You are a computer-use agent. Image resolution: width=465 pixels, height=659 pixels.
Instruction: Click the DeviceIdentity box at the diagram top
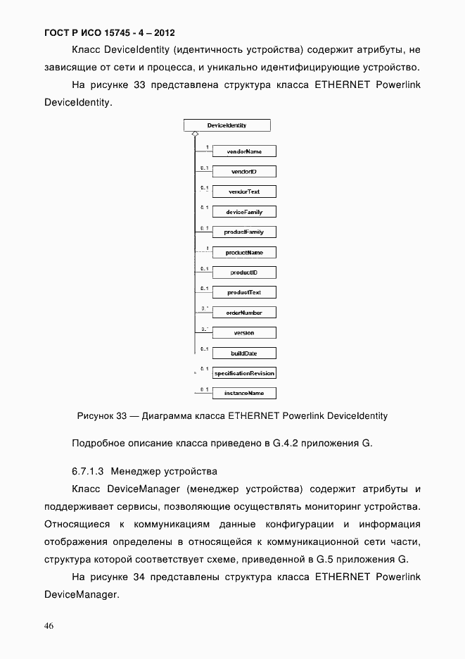click(227, 125)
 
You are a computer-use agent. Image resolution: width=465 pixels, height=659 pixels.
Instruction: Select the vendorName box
click(244, 151)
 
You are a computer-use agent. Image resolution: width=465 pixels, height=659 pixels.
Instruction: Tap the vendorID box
click(244, 172)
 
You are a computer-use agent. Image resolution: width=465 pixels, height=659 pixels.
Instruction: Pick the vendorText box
click(244, 192)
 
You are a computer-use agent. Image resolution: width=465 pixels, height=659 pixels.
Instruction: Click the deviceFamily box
click(244, 212)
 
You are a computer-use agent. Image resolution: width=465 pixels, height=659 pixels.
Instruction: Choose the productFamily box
click(244, 232)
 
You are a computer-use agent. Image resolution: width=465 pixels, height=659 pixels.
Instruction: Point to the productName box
click(244, 252)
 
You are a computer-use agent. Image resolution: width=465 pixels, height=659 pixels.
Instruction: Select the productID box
click(244, 272)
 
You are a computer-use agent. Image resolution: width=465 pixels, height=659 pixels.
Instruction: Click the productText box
click(244, 292)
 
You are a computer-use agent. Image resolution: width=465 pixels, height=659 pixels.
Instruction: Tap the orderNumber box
click(244, 313)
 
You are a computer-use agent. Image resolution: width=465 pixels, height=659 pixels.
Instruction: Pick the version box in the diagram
click(244, 332)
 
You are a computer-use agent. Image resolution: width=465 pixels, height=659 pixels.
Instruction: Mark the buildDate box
click(244, 353)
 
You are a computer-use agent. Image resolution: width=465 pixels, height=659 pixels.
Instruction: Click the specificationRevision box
click(244, 373)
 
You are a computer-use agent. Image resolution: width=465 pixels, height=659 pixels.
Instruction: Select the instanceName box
click(244, 394)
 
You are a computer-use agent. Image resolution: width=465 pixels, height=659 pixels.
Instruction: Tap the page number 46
click(49, 626)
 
